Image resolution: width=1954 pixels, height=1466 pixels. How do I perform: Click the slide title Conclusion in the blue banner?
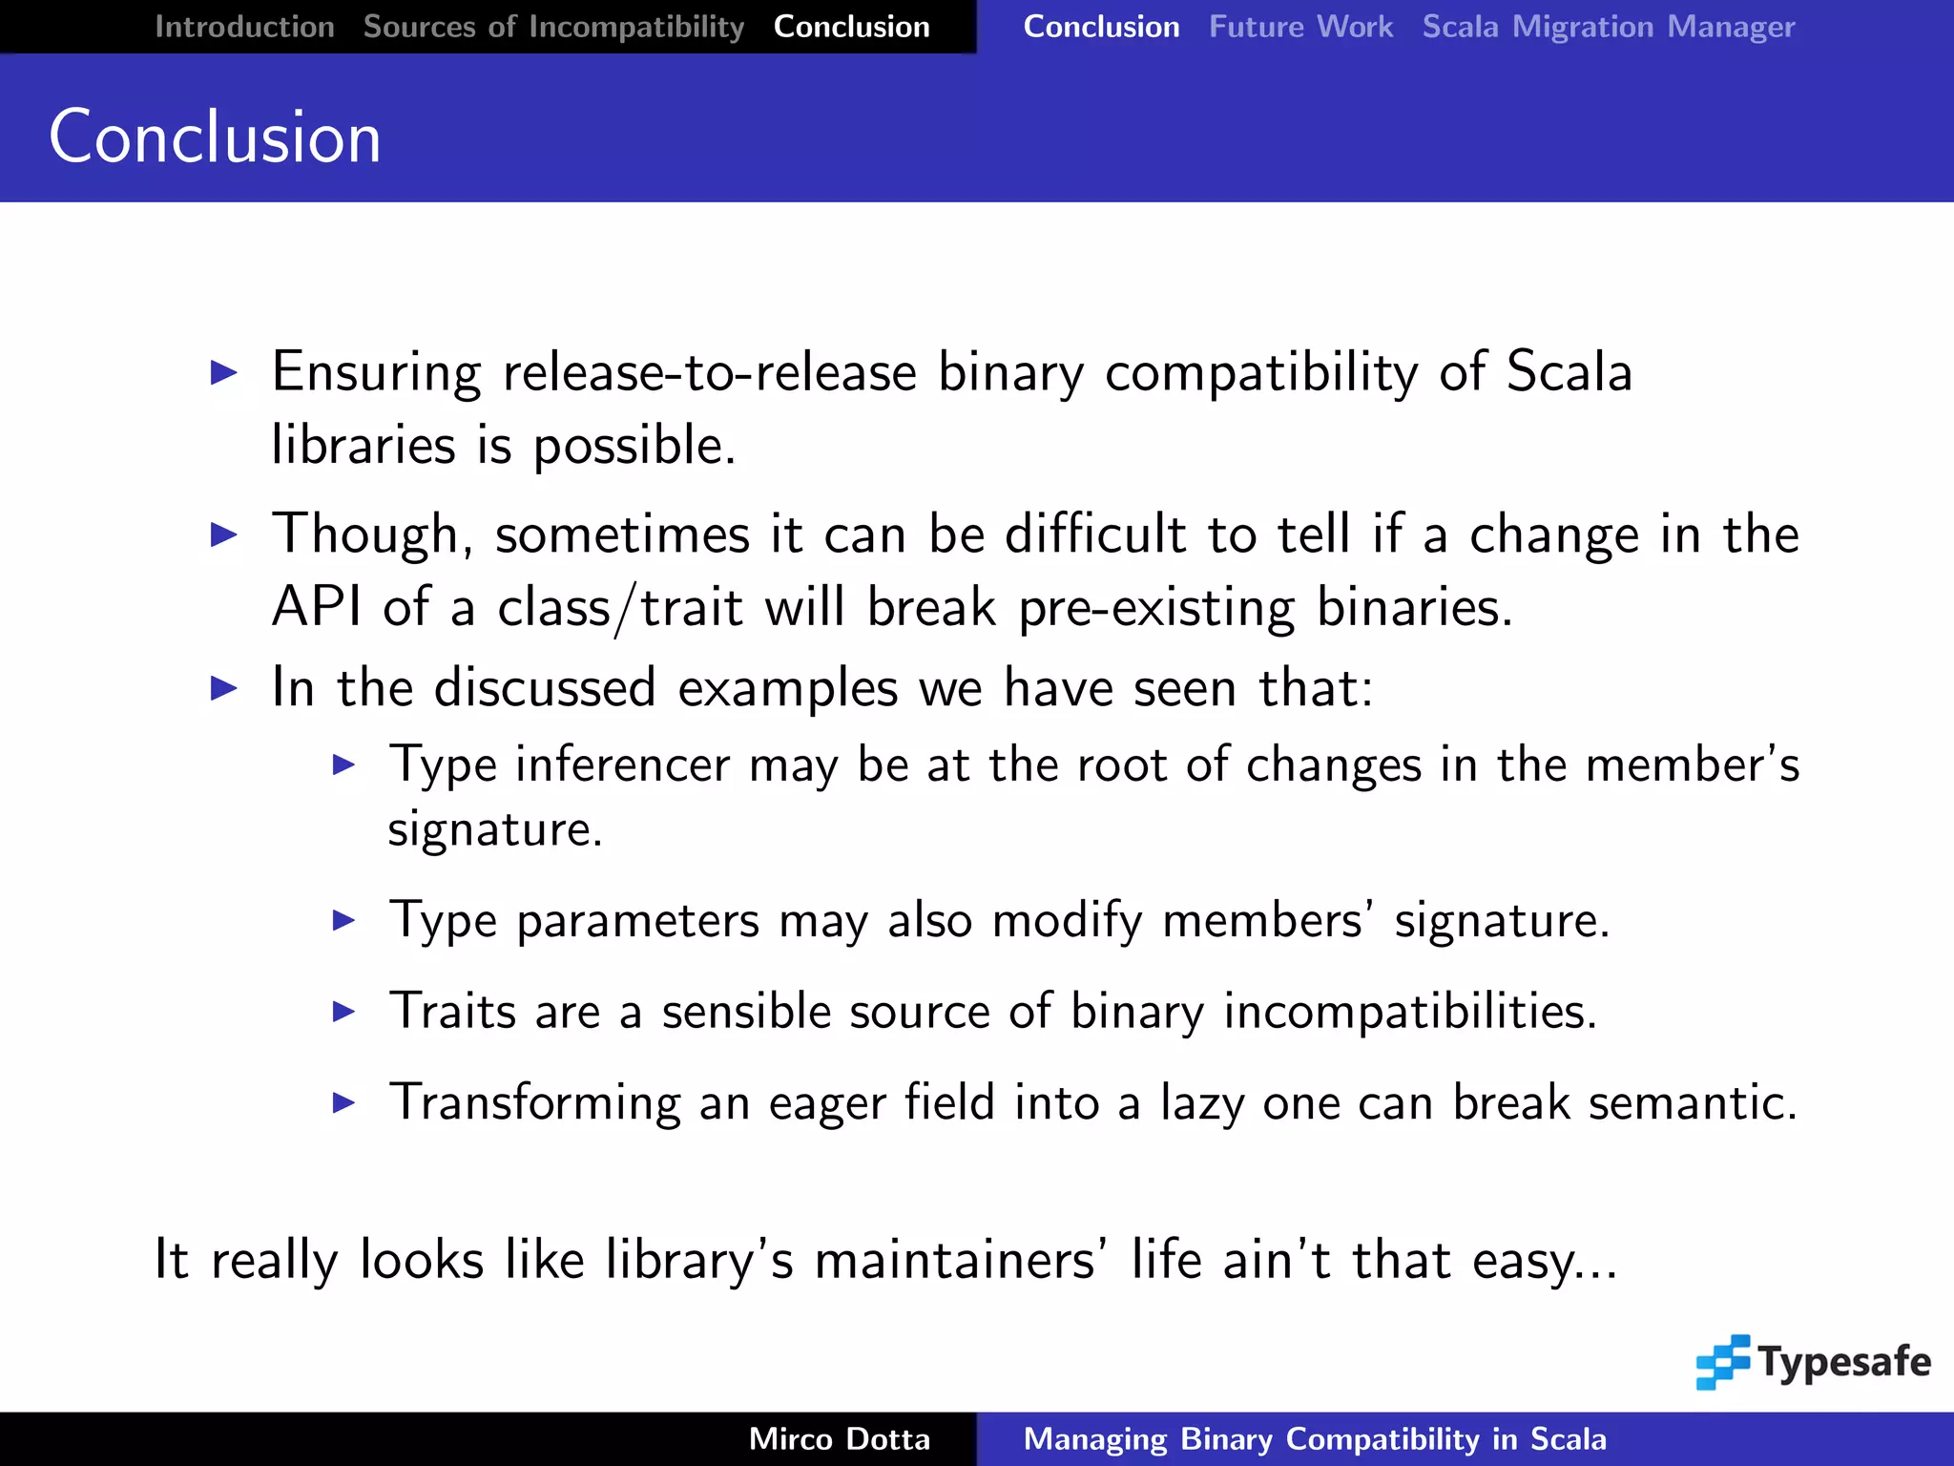click(215, 136)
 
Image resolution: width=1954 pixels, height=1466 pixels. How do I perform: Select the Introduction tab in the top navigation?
click(244, 27)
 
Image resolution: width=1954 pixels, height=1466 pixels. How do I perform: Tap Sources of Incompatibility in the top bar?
click(553, 27)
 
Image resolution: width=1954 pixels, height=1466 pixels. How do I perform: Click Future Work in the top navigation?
click(1300, 27)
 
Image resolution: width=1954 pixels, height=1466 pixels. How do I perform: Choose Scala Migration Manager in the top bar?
click(1609, 27)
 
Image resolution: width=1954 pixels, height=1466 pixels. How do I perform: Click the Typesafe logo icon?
click(1722, 1361)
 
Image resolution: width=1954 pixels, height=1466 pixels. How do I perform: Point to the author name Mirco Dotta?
click(839, 1438)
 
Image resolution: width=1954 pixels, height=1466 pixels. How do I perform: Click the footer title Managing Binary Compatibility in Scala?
click(1315, 1438)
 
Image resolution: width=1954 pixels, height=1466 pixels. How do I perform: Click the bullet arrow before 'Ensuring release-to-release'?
click(224, 372)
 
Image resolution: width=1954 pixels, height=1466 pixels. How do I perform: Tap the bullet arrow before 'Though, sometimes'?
click(224, 534)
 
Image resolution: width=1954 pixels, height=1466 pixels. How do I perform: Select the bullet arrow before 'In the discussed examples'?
click(224, 687)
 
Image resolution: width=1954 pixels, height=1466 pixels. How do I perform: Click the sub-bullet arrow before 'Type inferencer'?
click(343, 764)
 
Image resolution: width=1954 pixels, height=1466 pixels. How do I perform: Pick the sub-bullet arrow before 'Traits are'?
click(343, 1012)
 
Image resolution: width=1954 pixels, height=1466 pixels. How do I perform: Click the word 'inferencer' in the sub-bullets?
click(622, 764)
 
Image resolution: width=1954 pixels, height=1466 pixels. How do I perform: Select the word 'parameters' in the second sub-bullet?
click(637, 922)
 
